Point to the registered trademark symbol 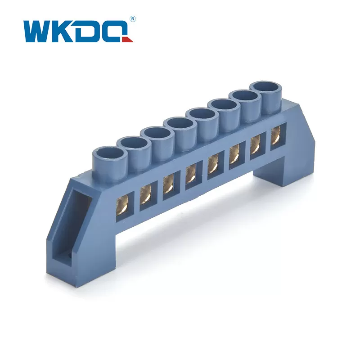(132, 19)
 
